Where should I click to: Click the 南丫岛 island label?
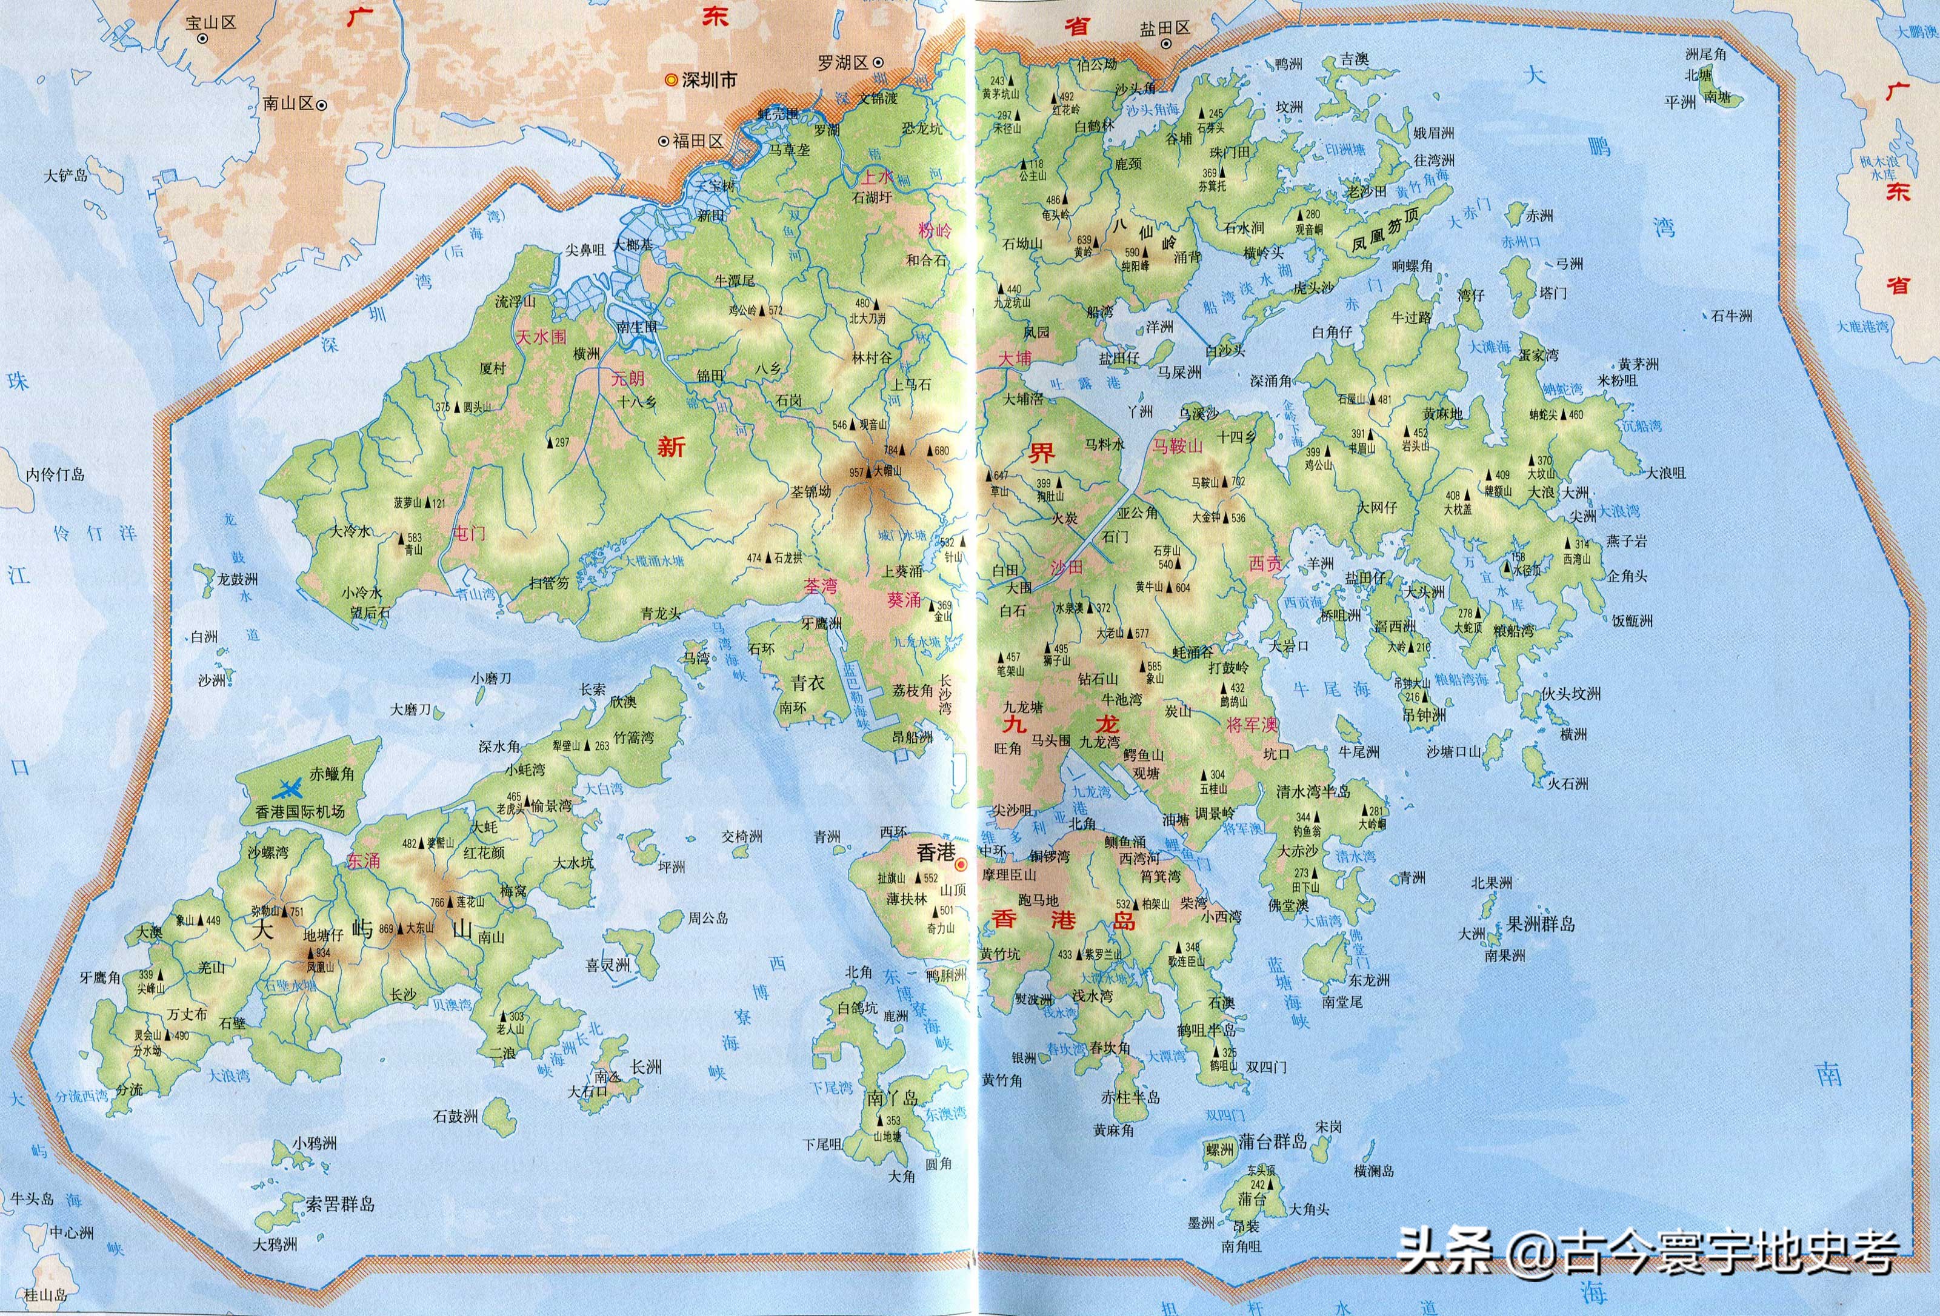point(892,1097)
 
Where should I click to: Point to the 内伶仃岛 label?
point(55,475)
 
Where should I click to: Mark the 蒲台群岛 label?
point(1272,1142)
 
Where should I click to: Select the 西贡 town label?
point(1265,563)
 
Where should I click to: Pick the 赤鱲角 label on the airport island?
point(332,774)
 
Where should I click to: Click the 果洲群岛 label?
point(1541,925)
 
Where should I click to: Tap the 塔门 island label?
point(1553,293)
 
